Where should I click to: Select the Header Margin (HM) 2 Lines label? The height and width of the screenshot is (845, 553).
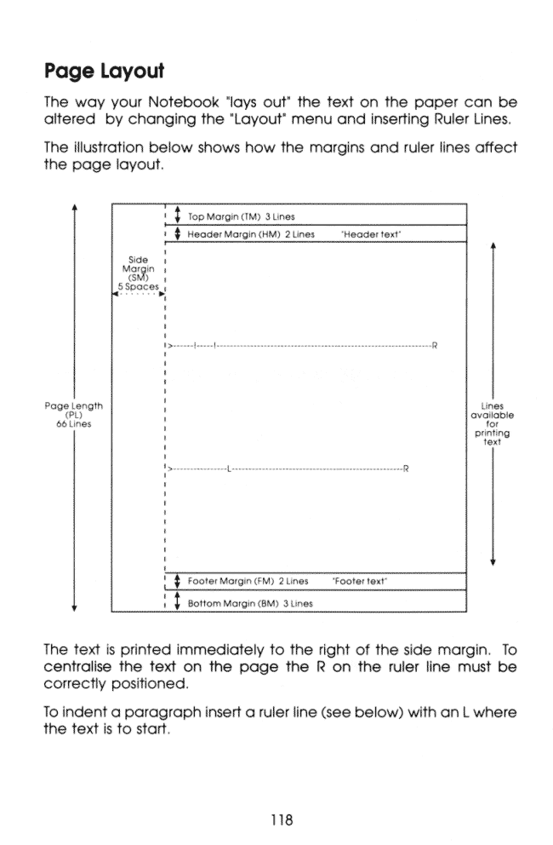pyautogui.click(x=246, y=233)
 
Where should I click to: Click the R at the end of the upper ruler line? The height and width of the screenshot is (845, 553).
pyautogui.click(x=436, y=345)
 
